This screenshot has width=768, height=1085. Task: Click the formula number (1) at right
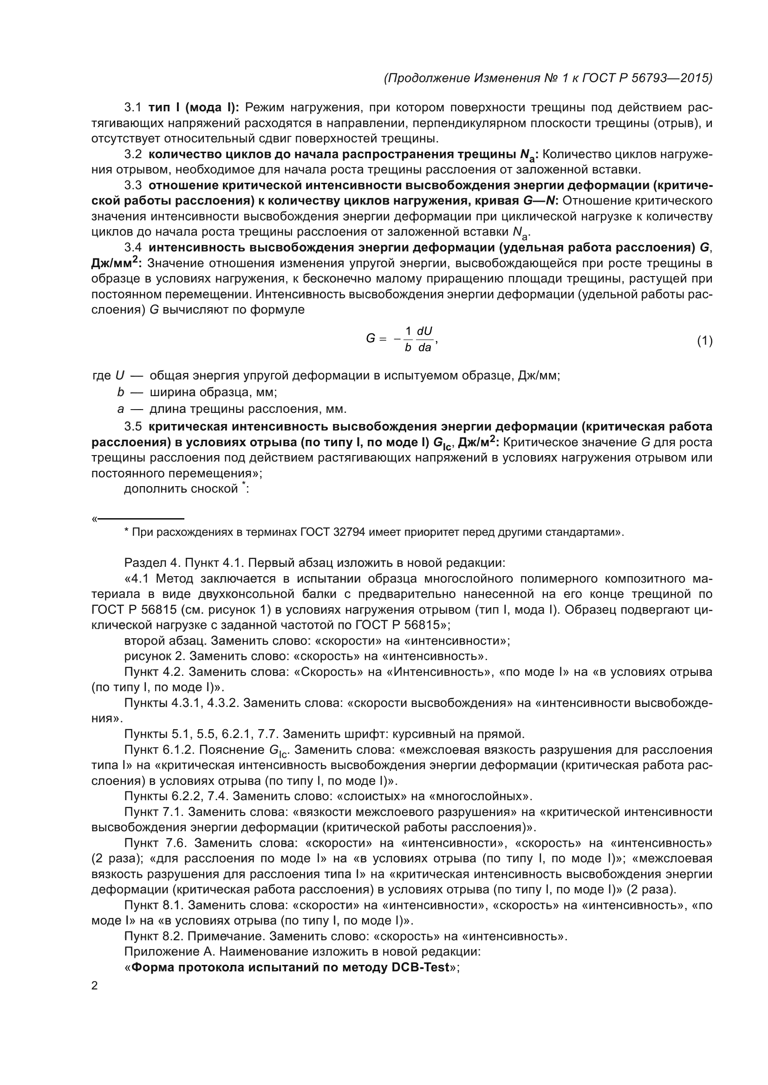(704, 341)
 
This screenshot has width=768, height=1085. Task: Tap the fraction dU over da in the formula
(425, 339)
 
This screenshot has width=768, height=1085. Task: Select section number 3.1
(132, 108)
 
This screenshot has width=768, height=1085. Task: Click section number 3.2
(132, 154)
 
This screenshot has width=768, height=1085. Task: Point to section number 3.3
(132, 186)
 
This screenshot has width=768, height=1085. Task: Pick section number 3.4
(132, 248)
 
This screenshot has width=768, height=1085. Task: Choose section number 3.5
(132, 427)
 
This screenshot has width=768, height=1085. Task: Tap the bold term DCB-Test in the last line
(420, 968)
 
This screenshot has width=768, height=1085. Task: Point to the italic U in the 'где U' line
(120, 376)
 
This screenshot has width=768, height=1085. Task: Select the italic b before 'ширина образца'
(121, 393)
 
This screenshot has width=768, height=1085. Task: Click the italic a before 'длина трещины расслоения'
(121, 409)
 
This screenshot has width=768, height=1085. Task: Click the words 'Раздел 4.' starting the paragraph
(152, 563)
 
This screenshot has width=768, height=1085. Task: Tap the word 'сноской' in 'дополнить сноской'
(214, 489)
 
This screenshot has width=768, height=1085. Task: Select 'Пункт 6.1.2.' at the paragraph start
(159, 750)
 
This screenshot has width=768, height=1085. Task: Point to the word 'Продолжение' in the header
(429, 78)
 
